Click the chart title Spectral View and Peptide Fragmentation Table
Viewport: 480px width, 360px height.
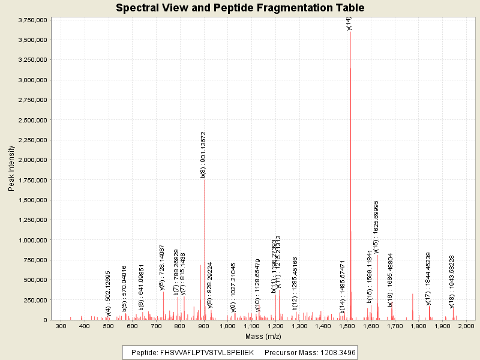(x=240, y=8)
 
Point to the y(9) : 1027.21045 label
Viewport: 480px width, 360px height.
(x=233, y=287)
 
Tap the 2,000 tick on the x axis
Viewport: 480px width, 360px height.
(x=466, y=326)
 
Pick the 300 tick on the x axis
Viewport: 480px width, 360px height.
(x=61, y=326)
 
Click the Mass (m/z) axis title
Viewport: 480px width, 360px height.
(x=263, y=335)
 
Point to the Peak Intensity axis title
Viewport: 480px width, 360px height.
(x=11, y=168)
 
